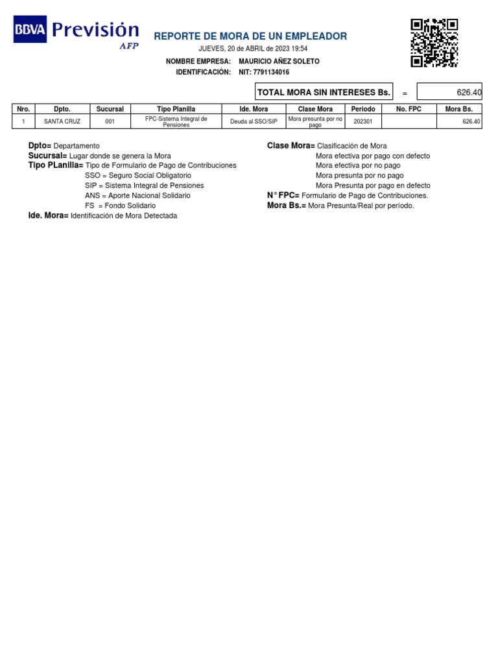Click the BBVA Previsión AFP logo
click(77, 32)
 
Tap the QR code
click(434, 43)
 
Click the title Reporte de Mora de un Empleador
click(250, 36)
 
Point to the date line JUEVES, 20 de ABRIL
click(253, 49)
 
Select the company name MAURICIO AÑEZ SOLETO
click(279, 62)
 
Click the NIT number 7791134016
click(264, 73)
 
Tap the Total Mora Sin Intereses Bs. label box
click(324, 93)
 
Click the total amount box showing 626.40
click(449, 93)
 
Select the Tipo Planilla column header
click(176, 109)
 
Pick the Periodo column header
click(363, 109)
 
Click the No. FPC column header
click(409, 109)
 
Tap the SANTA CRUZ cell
click(62, 121)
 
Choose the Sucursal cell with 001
click(110, 121)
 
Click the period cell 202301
click(363, 121)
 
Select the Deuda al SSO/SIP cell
click(254, 121)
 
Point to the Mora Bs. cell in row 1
click(459, 121)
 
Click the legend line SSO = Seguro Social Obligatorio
click(138, 176)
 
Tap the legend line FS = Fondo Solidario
click(120, 206)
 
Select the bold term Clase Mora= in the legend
click(290, 146)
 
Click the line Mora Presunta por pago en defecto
click(373, 185)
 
